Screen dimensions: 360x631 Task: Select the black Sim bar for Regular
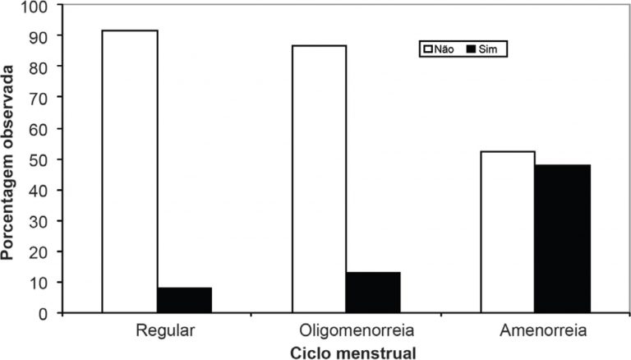(x=185, y=300)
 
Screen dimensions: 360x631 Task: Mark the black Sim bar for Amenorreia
(x=562, y=238)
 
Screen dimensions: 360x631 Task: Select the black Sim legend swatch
(x=472, y=49)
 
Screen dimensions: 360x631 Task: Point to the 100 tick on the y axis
(x=38, y=6)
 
